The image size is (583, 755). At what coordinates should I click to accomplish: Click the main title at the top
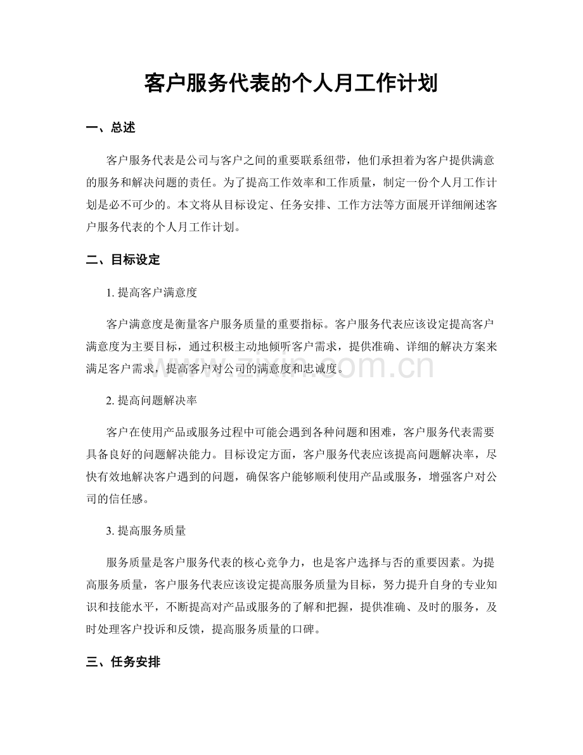291,82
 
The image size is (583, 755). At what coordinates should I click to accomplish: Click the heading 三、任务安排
123,662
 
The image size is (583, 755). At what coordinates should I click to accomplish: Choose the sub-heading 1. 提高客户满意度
152,293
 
